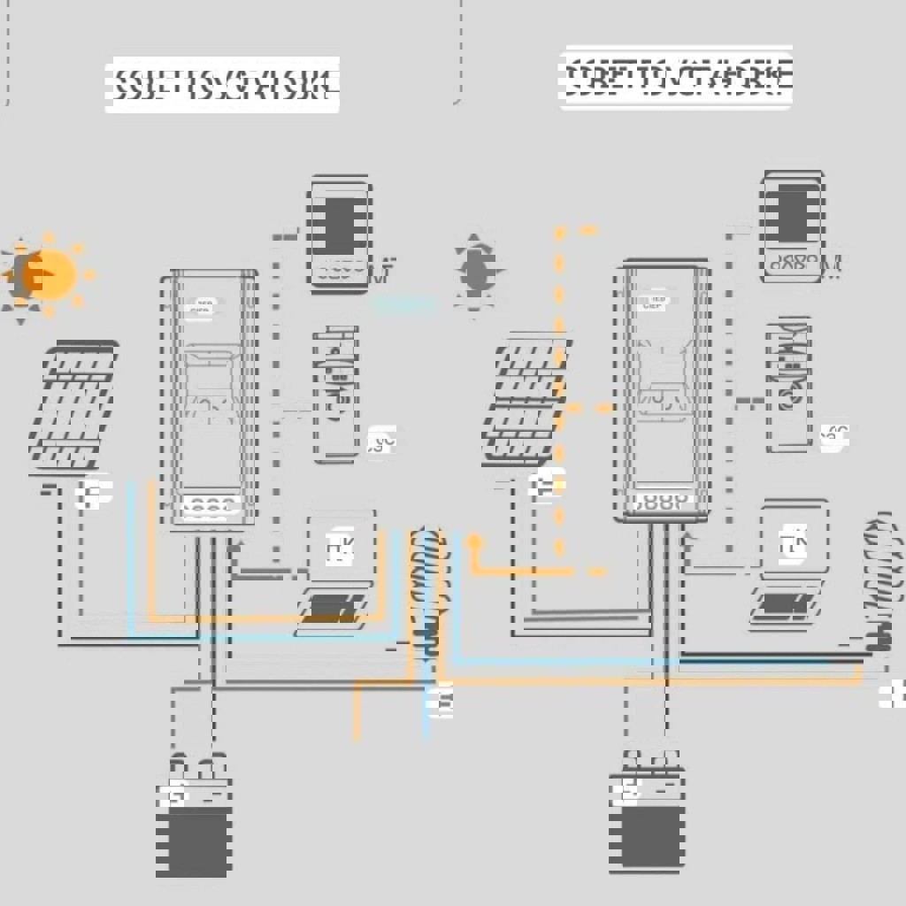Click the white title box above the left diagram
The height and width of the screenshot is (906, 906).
click(222, 86)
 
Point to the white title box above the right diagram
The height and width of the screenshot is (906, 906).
click(675, 79)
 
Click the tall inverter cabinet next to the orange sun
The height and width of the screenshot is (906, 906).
click(210, 398)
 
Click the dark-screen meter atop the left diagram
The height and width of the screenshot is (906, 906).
click(340, 234)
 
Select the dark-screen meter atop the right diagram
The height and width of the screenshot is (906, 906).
click(793, 226)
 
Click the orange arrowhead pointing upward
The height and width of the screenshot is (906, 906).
click(475, 541)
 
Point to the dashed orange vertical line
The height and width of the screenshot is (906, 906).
click(559, 389)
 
